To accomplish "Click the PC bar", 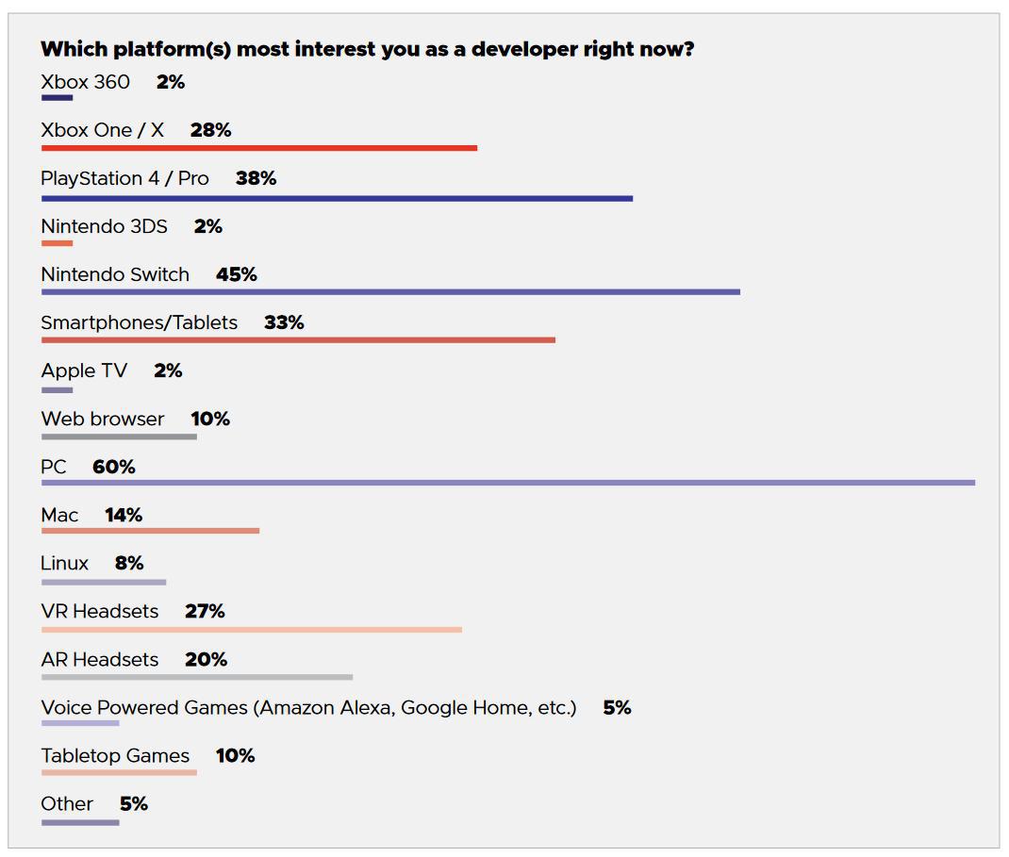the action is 508,483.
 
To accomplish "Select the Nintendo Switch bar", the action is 390,292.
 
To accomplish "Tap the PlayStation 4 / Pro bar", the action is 338,199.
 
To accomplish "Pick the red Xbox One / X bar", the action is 259,148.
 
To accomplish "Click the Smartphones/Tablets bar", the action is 299,339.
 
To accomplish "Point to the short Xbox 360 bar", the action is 58,98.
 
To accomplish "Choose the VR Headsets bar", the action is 252,629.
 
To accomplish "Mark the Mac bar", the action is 151,531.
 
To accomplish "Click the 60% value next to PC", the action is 114,467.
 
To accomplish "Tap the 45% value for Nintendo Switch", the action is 237,274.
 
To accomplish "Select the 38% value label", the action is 256,178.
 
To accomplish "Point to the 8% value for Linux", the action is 129,563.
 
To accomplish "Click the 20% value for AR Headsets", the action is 206,659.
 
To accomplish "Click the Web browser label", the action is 103,419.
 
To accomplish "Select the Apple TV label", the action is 84,371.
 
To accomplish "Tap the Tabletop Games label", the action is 115,756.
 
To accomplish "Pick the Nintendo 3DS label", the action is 105,226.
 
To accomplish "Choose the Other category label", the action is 67,804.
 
